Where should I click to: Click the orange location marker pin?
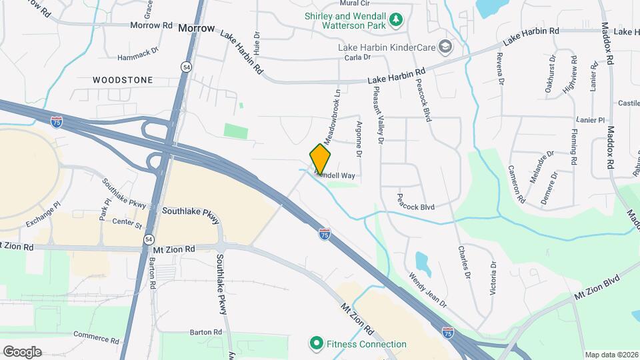click(x=321, y=159)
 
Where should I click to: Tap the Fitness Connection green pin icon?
click(x=315, y=344)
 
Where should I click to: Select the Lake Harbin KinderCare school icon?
click(x=445, y=47)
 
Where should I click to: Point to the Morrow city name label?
click(x=197, y=29)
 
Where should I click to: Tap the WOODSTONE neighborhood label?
click(x=122, y=80)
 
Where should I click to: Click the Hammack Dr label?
click(x=138, y=49)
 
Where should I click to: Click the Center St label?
click(x=127, y=221)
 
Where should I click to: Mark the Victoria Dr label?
click(x=494, y=277)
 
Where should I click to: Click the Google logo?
click(x=22, y=351)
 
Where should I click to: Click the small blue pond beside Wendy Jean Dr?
click(x=421, y=263)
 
